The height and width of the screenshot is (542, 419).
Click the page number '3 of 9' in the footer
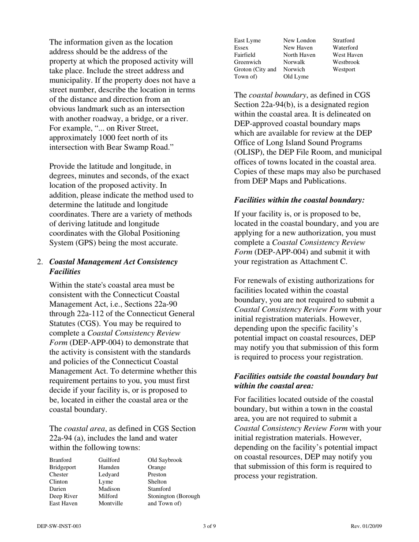point(209,526)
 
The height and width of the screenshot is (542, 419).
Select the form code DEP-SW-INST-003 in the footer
point(59,526)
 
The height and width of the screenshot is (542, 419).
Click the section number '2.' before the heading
point(40,262)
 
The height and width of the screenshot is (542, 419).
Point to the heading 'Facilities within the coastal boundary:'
point(299,200)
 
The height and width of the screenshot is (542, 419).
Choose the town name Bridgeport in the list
point(63,467)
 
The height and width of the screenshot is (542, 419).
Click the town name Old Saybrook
point(165,460)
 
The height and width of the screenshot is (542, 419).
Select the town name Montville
point(110,503)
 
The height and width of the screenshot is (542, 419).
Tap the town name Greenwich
point(247,62)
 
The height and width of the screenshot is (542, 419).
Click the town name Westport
point(344,69)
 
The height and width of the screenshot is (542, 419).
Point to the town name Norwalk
point(295,62)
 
